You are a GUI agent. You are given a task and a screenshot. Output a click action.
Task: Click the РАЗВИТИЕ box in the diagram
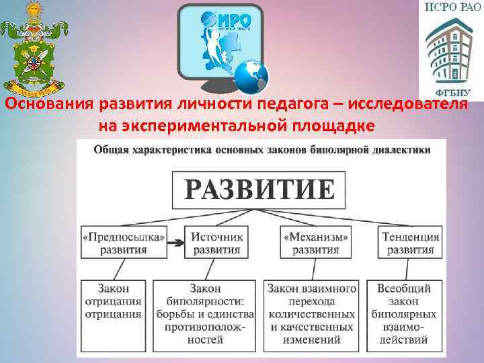pos(259,189)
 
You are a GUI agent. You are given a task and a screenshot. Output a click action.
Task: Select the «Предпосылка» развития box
pos(123,243)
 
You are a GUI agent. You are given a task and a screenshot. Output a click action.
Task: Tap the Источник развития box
pos(217,243)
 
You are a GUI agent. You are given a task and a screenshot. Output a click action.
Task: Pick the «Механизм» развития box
pos(316,243)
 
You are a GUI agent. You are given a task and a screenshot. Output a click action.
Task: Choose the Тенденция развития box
pos(410,243)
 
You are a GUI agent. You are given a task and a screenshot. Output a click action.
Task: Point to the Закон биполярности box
pos(204,313)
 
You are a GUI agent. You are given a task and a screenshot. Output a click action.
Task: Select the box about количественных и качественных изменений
pos(311,313)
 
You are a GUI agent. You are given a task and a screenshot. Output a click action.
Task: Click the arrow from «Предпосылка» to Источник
pos(176,243)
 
